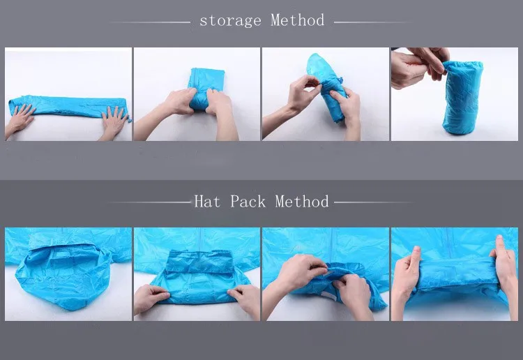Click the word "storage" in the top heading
[230, 21]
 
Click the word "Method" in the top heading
[297, 20]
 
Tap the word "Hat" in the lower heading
[207, 202]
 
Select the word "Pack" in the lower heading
[248, 202]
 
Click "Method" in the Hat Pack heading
[302, 202]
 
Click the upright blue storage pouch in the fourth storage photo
[462, 98]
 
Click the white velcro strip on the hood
[328, 295]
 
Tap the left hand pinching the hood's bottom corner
[152, 299]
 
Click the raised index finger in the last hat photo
[500, 247]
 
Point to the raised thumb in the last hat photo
[416, 257]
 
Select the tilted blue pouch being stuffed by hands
[326, 86]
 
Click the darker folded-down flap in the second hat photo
[199, 261]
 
